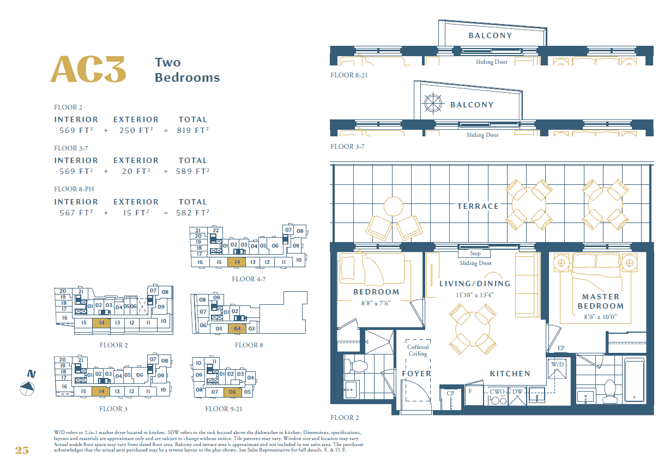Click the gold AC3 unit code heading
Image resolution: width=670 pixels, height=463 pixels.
click(88, 69)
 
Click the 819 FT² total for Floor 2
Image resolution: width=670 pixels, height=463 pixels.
click(193, 130)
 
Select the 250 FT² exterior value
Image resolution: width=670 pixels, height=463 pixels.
click(136, 130)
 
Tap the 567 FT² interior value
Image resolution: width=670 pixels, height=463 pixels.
click(76, 213)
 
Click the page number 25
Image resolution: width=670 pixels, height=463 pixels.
click(22, 450)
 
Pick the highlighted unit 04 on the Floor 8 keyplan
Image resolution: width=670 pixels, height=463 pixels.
click(237, 329)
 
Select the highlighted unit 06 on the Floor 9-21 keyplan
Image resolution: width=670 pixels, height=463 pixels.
click(232, 392)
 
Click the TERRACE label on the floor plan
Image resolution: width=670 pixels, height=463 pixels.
click(478, 206)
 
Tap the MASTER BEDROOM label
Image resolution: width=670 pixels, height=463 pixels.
click(601, 302)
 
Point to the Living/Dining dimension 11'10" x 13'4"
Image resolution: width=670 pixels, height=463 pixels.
click(474, 295)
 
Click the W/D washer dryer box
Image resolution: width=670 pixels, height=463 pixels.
click(557, 369)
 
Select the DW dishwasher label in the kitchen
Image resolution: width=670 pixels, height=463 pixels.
click(517, 392)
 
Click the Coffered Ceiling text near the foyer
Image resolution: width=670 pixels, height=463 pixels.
click(418, 350)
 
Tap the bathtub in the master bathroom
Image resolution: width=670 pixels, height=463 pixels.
click(634, 380)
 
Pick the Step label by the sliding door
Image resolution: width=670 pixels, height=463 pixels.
click(475, 253)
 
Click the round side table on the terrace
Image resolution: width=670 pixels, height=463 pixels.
click(393, 206)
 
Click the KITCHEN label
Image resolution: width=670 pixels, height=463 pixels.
click(510, 374)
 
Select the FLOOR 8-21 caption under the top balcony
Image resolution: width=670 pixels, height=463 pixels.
click(349, 75)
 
